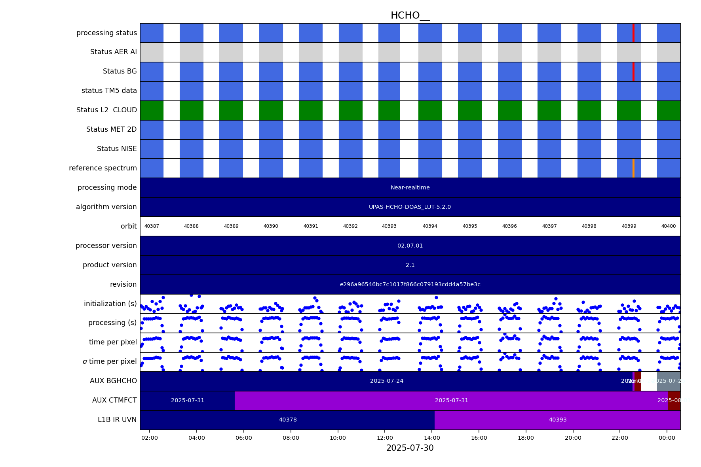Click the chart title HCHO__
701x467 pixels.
pyautogui.click(x=410, y=15)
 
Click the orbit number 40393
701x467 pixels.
pyautogui.click(x=389, y=226)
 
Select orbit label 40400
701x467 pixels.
pyautogui.click(x=669, y=226)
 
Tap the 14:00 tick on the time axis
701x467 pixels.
pyautogui.click(x=432, y=438)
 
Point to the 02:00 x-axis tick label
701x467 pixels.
pyautogui.click(x=150, y=438)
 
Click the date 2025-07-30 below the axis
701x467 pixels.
pyautogui.click(x=410, y=448)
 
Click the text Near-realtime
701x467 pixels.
pyautogui.click(x=410, y=187)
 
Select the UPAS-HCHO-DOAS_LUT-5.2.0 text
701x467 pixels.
pyautogui.click(x=410, y=207)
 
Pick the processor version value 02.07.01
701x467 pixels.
pyautogui.click(x=410, y=246)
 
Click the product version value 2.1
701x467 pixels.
pyautogui.click(x=410, y=265)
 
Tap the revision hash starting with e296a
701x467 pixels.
pyautogui.click(x=410, y=284)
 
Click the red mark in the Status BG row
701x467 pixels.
pyautogui.click(x=633, y=72)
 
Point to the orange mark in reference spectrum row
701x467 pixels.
pyautogui.click(x=633, y=168)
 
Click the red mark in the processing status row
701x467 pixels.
pyautogui.click(x=633, y=33)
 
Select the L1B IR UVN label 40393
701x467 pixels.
pyautogui.click(x=557, y=420)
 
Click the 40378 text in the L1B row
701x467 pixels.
pyautogui.click(x=288, y=420)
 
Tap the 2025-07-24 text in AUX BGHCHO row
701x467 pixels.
pyautogui.click(x=387, y=381)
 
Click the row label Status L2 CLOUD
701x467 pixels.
pyautogui.click(x=106, y=110)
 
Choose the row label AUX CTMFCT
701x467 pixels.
pyautogui.click(x=114, y=400)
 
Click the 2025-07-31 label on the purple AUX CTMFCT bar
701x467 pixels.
pyautogui.click(x=452, y=400)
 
